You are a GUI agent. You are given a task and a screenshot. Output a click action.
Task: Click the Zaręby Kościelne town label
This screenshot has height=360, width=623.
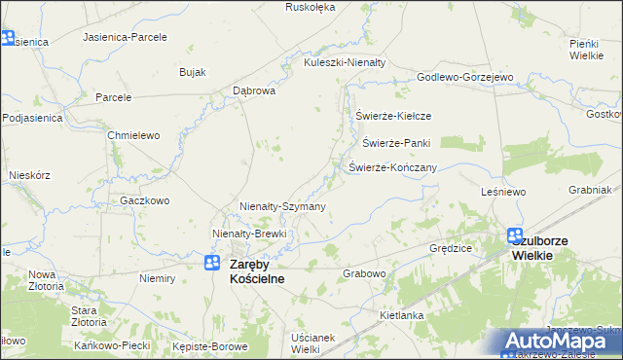pos(257,270)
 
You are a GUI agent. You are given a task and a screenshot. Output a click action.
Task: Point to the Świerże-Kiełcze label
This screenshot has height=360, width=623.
pos(393,116)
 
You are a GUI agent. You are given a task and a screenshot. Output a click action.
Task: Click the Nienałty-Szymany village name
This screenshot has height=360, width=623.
pos(282,207)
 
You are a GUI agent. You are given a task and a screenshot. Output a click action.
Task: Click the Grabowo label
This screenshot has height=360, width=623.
pos(365,274)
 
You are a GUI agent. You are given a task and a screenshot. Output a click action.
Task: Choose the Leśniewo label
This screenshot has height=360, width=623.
pos(503,193)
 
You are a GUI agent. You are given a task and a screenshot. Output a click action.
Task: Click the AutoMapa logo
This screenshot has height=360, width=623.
pos(562,342)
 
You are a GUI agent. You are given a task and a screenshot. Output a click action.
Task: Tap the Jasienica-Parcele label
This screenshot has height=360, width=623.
pos(126,37)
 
